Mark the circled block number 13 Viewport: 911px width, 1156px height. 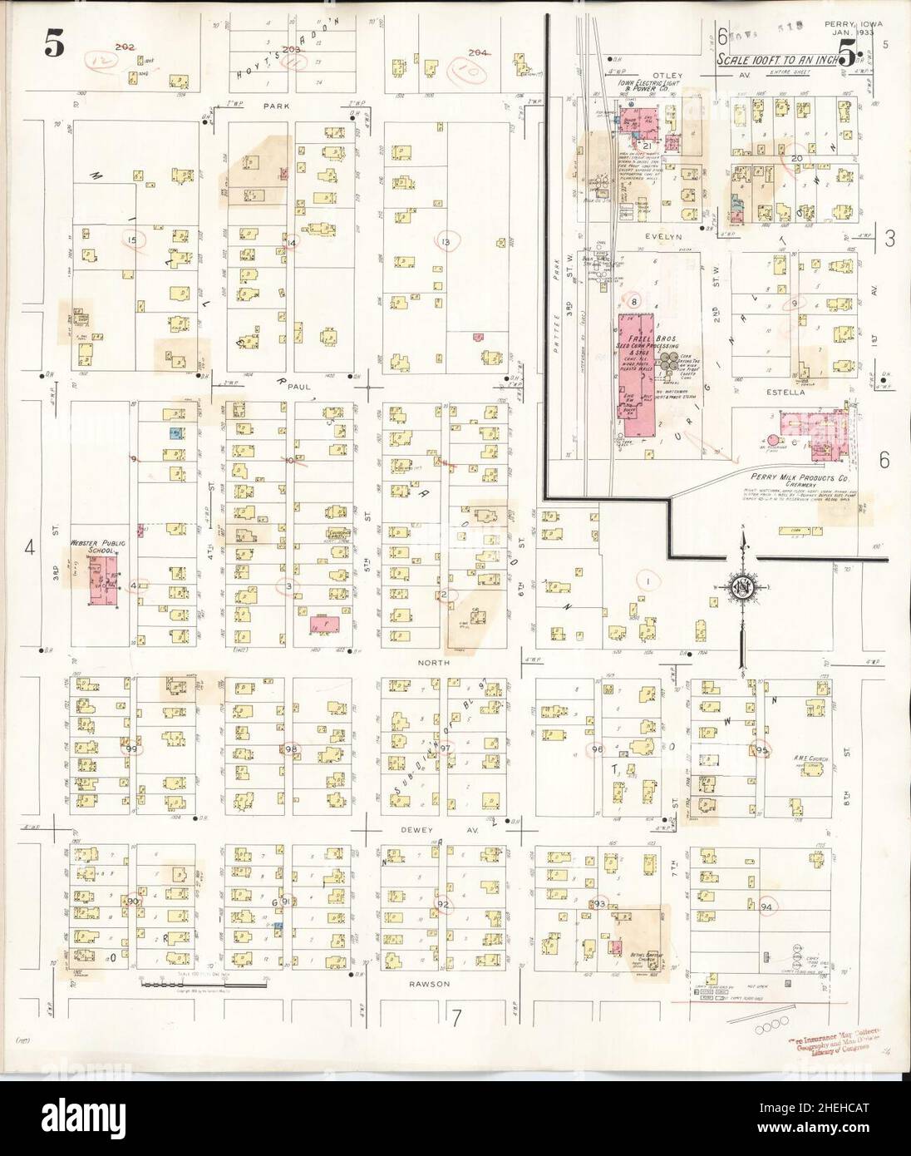point(446,242)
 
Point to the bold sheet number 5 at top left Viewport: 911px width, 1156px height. point(53,47)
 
